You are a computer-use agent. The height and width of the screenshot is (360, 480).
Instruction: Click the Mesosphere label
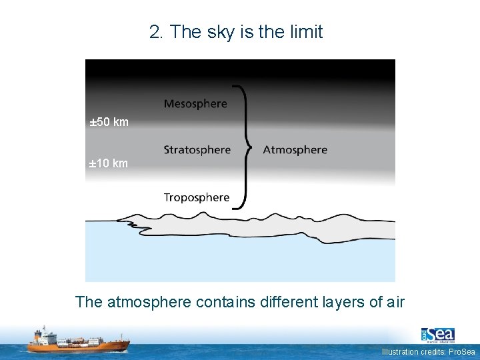(195, 104)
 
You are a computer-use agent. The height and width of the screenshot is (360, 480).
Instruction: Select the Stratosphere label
(197, 150)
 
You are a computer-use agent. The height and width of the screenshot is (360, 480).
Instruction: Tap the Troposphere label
(196, 197)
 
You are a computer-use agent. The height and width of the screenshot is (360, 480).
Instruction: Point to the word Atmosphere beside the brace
(295, 150)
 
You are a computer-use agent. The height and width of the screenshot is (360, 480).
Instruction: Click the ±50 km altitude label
(109, 123)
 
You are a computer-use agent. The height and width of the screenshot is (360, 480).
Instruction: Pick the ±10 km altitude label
(109, 163)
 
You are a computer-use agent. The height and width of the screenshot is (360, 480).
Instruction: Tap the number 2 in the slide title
(156, 32)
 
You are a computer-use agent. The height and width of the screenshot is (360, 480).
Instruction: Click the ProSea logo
(437, 335)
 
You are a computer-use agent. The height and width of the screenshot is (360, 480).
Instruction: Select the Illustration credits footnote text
(429, 352)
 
